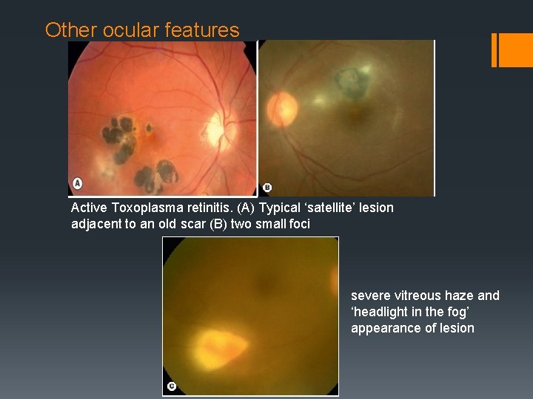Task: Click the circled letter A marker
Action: (77, 183)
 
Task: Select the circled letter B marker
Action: (267, 188)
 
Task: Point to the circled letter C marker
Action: (172, 386)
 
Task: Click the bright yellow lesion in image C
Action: (222, 344)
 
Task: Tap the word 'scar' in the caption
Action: (193, 224)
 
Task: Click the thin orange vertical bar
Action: (495, 50)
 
